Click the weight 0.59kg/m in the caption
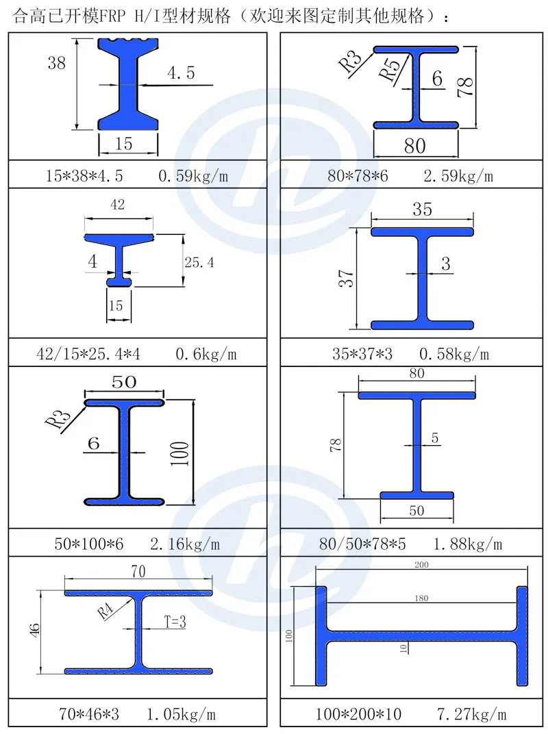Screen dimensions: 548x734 point(193,176)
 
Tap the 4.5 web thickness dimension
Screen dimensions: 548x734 point(181,73)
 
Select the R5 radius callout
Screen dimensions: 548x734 point(390,68)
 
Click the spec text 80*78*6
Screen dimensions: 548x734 point(358,176)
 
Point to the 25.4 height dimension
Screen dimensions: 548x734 point(199,262)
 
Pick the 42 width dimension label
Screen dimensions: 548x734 point(117,205)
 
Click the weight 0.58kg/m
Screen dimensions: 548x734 point(454,354)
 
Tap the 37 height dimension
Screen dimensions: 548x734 point(346,278)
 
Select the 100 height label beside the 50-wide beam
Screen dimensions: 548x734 point(179,453)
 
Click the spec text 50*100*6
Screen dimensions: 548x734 point(89,544)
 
